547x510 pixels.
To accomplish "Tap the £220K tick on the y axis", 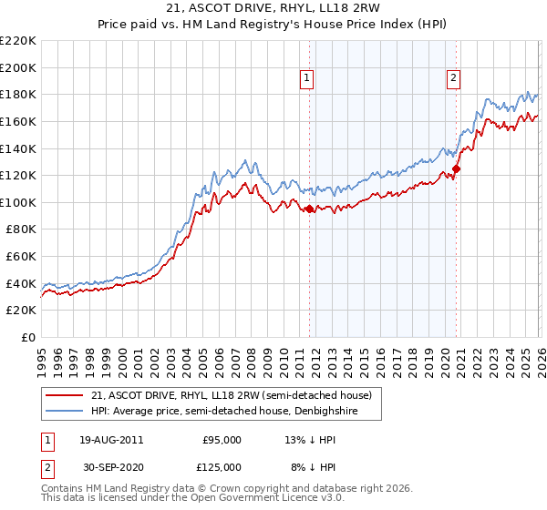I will tap(18, 41).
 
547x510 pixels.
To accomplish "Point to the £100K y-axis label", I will tap(18, 202).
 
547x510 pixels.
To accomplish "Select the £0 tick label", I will tap(27, 337).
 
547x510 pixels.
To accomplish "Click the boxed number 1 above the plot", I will tap(308, 79).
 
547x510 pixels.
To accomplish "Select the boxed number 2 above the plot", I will tap(453, 79).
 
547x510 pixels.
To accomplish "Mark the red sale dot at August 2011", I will tap(309, 209).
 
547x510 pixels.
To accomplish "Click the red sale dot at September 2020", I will tap(457, 168).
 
